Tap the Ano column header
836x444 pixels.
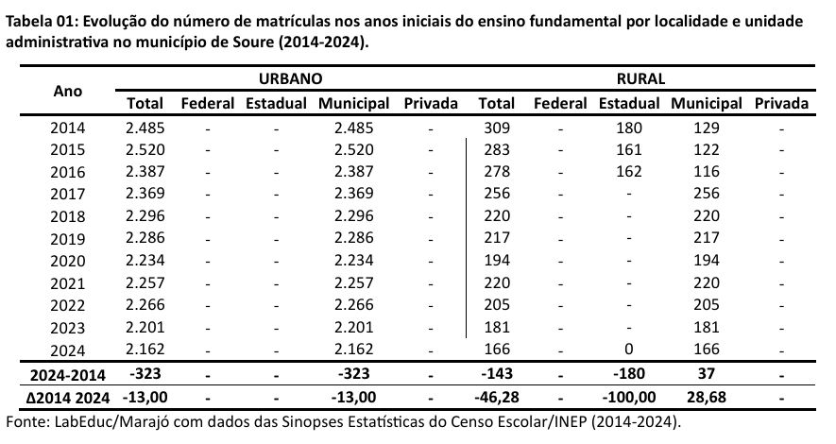coord(68,91)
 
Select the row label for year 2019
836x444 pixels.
coord(68,237)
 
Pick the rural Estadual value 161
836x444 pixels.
coord(628,149)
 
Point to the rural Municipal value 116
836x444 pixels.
coord(707,172)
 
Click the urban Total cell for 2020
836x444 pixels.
coord(145,260)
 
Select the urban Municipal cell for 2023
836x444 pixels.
coord(354,327)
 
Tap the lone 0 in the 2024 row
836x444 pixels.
coord(628,350)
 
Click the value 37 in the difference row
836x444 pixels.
coord(707,374)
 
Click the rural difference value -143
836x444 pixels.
coord(497,374)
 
